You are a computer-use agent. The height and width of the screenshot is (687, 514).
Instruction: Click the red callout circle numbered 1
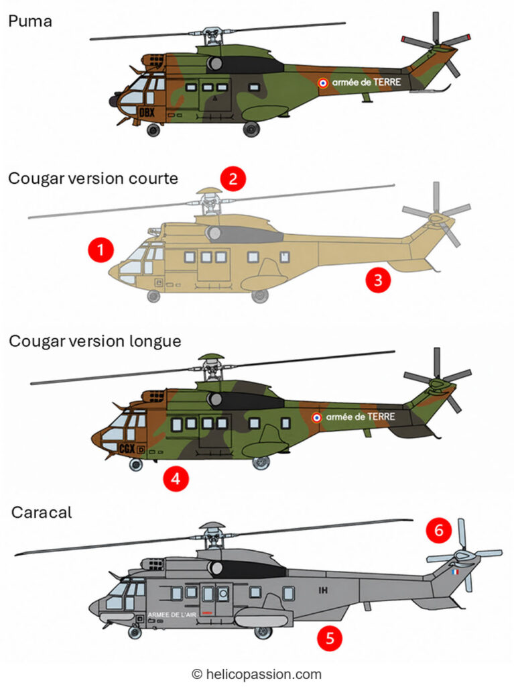(x=101, y=250)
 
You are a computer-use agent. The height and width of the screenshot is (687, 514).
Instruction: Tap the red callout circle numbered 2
(x=233, y=178)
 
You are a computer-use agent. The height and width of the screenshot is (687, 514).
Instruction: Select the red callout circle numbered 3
(x=378, y=280)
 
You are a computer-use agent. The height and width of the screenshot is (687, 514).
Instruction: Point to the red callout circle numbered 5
(x=330, y=638)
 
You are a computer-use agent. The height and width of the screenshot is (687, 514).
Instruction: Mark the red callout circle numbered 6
(x=439, y=530)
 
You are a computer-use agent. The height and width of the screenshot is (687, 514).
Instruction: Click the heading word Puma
(x=30, y=21)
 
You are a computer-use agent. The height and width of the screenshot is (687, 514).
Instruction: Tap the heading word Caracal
(x=42, y=512)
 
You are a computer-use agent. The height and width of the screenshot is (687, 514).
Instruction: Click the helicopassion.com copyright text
(x=257, y=674)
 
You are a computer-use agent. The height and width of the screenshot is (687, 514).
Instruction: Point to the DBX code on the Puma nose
(x=147, y=113)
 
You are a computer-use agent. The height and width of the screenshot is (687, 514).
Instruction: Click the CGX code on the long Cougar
(x=127, y=448)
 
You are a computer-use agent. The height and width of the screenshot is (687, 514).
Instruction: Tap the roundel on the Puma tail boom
(x=322, y=83)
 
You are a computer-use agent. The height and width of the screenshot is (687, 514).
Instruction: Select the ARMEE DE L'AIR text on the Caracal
(x=172, y=615)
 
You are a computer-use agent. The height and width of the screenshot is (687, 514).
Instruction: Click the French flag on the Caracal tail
(x=455, y=572)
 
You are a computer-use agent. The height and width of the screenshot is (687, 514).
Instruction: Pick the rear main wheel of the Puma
(x=251, y=129)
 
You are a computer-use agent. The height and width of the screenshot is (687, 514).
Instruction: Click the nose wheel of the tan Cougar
(x=153, y=296)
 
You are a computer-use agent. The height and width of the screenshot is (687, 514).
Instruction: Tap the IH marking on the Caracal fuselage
(x=323, y=590)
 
